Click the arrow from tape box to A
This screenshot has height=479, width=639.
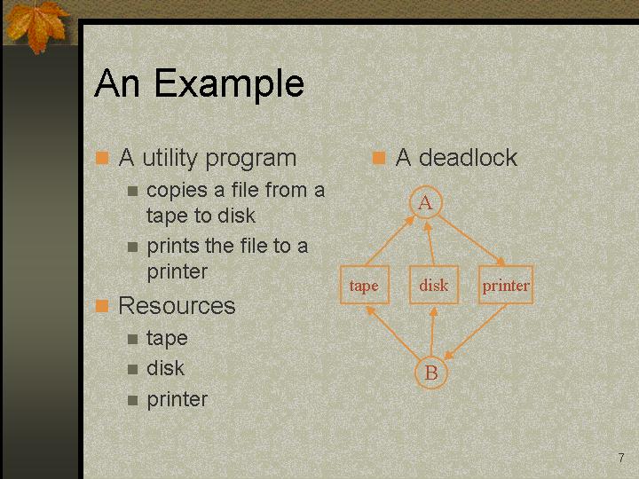tap(390, 241)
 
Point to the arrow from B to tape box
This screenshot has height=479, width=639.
tap(392, 334)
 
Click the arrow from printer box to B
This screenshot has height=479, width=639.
tap(475, 332)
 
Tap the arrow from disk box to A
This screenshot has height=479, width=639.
tap(430, 243)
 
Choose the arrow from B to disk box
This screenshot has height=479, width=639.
tap(432, 332)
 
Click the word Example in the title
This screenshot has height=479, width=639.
tap(229, 85)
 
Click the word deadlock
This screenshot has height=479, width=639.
tap(468, 157)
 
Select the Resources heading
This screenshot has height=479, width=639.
tap(177, 305)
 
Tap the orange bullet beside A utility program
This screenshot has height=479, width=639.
tap(102, 158)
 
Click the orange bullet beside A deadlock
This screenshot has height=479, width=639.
tap(379, 158)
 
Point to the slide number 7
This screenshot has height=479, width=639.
tap(621, 458)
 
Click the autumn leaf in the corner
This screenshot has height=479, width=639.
tap(35, 25)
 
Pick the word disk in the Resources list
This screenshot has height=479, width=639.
tap(165, 368)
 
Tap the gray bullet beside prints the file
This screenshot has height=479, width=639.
tap(132, 247)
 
